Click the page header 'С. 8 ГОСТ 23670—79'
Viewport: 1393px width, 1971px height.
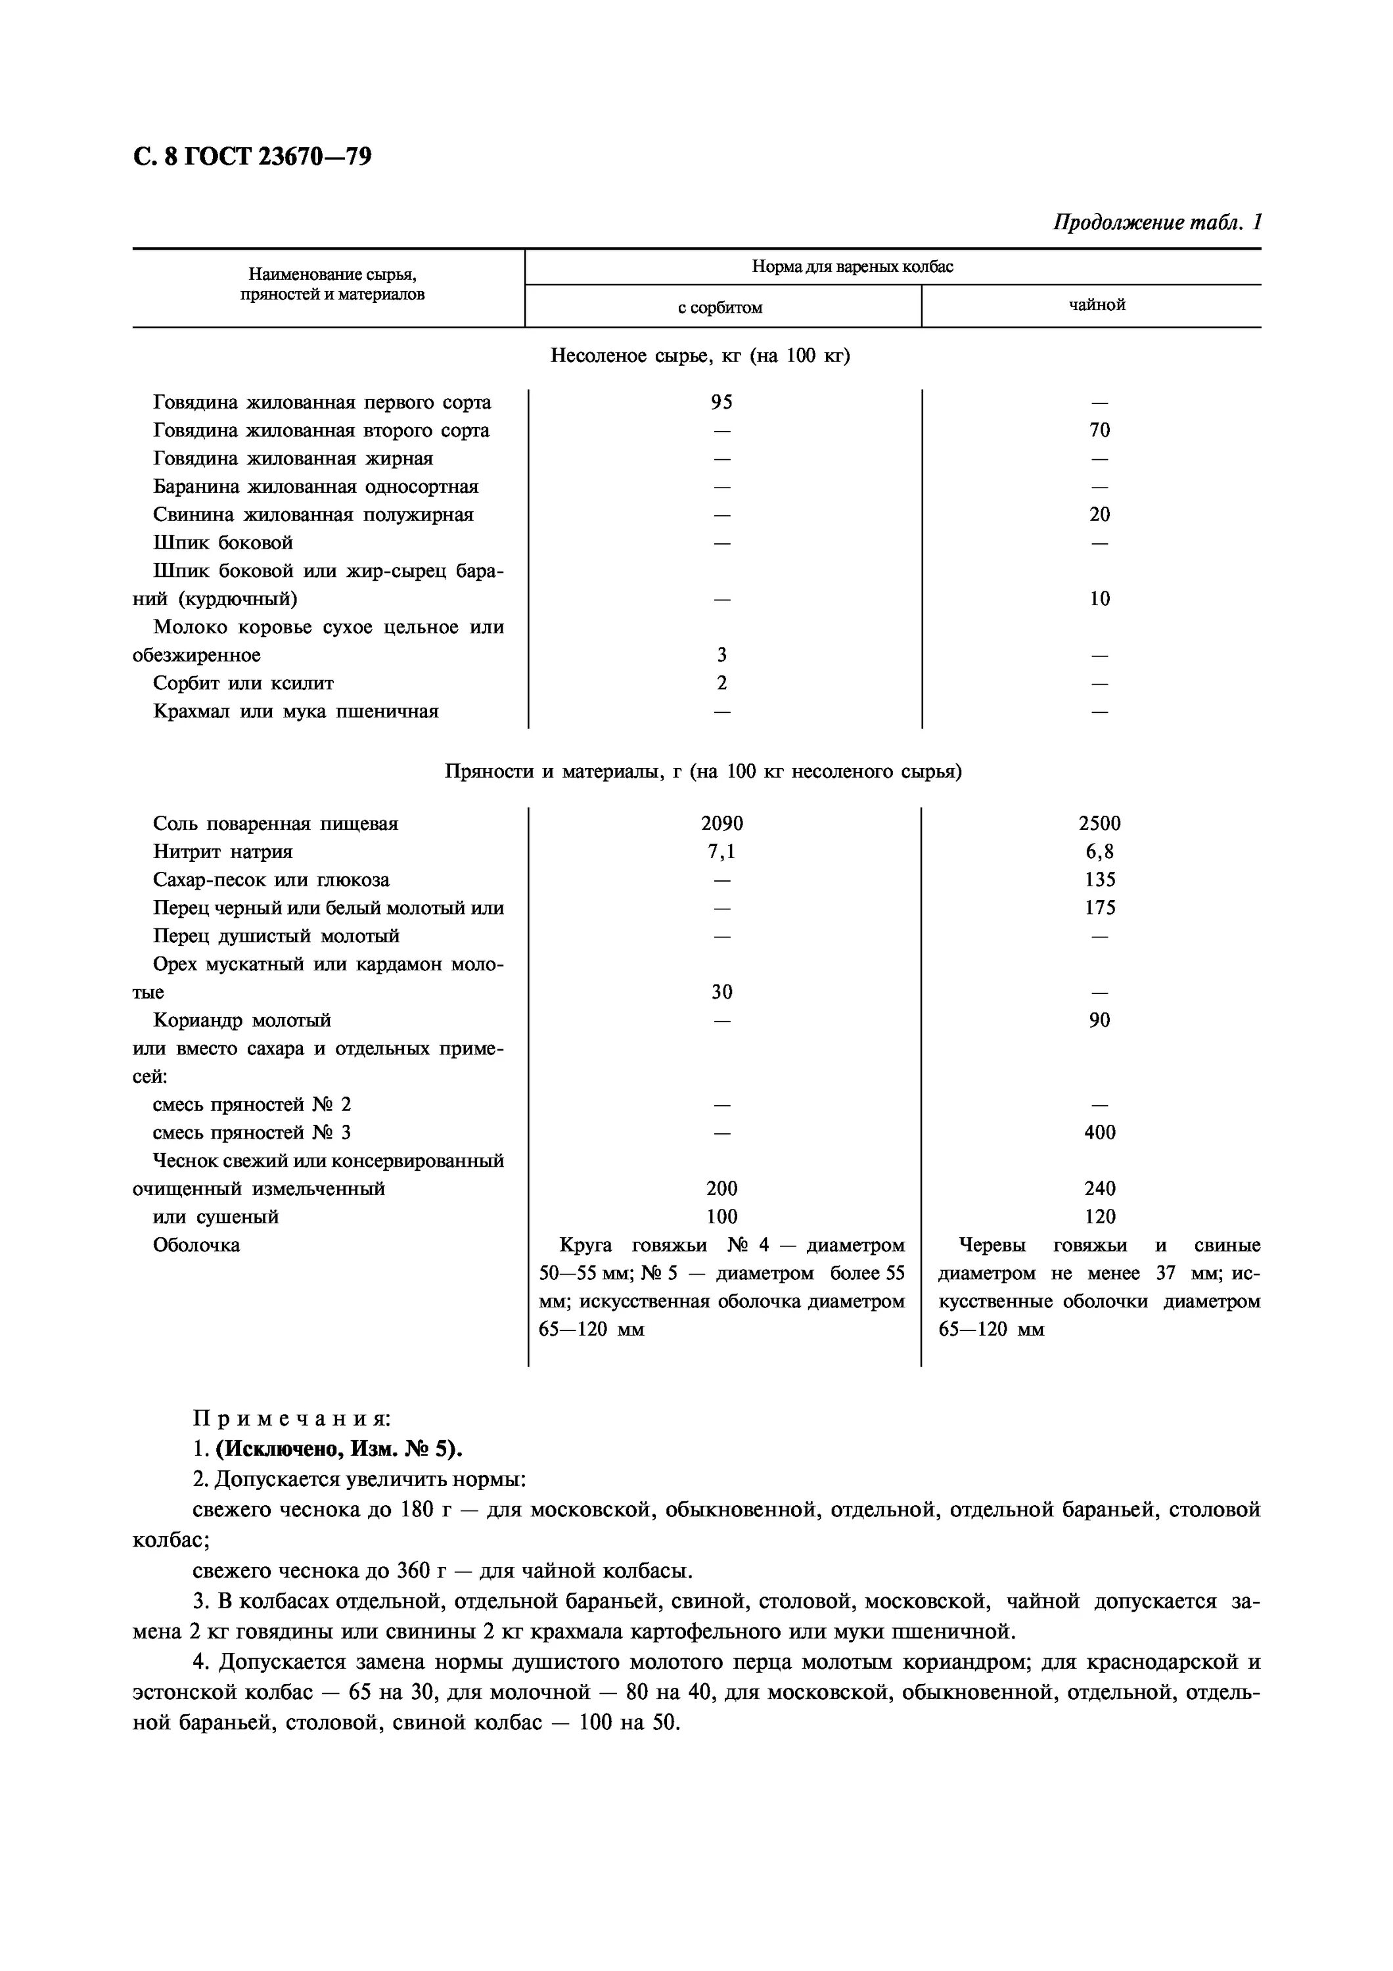pos(252,157)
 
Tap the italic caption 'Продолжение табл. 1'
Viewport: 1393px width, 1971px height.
pos(1156,222)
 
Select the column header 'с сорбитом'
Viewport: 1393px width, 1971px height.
pos(719,307)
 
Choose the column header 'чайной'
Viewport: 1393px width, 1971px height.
pos(1096,305)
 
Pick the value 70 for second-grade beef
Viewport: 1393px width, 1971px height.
pos(1099,430)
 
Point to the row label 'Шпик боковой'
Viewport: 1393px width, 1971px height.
pos(223,543)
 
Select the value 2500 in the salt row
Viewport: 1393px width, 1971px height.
pos(1099,823)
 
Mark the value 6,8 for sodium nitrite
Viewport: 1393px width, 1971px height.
pos(1099,851)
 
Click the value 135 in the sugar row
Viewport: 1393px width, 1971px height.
pos(1099,879)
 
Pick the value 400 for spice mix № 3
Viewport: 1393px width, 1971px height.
pos(1099,1132)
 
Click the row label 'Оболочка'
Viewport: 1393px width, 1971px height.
pos(196,1245)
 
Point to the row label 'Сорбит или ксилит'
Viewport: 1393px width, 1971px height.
pos(243,683)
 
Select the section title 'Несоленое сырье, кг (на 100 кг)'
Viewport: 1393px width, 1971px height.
pos(700,355)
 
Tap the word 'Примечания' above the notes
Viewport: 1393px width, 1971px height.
pos(292,1419)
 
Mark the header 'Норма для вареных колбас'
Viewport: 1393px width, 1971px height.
pos(852,266)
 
